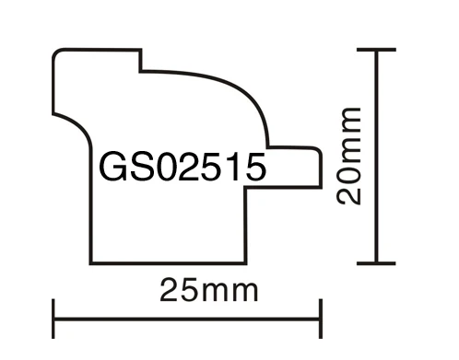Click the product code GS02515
click(x=181, y=168)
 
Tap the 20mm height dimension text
click(x=347, y=157)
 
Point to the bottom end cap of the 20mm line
click(x=377, y=264)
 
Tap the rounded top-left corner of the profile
click(x=57, y=54)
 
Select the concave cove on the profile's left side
click(x=74, y=118)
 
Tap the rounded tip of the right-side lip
click(x=318, y=166)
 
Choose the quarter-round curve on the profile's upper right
click(x=249, y=92)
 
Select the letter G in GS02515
click(x=110, y=168)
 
